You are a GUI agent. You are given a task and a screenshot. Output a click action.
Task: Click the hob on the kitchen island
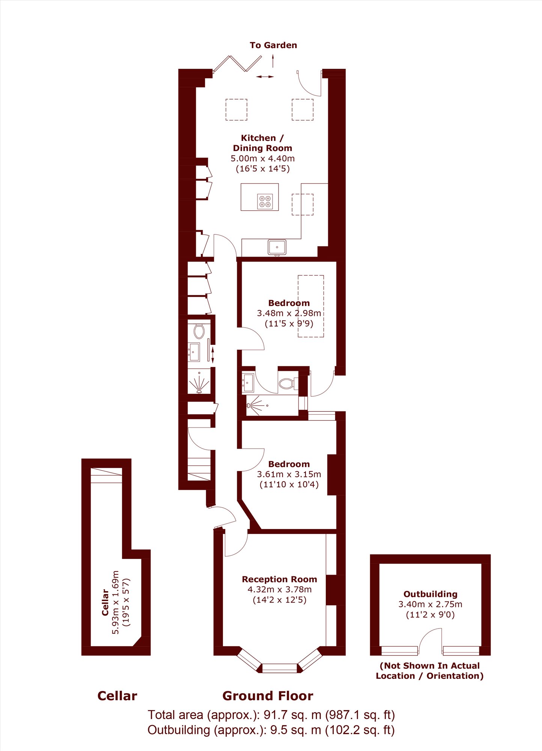pyautogui.click(x=265, y=201)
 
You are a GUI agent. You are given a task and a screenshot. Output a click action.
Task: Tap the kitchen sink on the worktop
pyautogui.click(x=277, y=248)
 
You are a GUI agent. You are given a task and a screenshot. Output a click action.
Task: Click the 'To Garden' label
pyautogui.click(x=273, y=45)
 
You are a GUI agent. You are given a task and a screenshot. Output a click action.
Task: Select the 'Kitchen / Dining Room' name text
pyautogui.click(x=262, y=143)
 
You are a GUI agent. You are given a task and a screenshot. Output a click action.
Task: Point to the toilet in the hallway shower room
pyautogui.click(x=199, y=331)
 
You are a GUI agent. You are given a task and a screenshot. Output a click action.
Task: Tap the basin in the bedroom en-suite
pyautogui.click(x=248, y=382)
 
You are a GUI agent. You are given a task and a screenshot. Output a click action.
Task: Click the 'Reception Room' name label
pyautogui.click(x=279, y=579)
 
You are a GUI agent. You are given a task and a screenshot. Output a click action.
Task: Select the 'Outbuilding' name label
pyautogui.click(x=431, y=594)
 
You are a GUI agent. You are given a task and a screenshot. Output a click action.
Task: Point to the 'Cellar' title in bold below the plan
pyautogui.click(x=117, y=696)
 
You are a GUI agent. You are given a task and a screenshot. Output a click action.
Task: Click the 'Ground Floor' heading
pyautogui.click(x=268, y=696)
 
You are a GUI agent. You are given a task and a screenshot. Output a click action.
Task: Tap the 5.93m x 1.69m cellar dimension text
pyautogui.click(x=116, y=602)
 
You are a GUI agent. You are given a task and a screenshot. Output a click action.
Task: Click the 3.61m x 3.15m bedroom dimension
pyautogui.click(x=289, y=474)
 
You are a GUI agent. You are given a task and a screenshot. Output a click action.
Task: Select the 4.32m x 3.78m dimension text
pyautogui.click(x=280, y=589)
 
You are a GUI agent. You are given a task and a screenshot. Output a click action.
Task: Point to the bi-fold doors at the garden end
pyautogui.click(x=237, y=63)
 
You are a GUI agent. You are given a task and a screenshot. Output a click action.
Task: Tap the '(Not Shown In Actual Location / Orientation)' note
pyautogui.click(x=430, y=671)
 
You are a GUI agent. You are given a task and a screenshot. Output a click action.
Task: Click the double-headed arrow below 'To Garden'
pyautogui.click(x=265, y=77)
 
